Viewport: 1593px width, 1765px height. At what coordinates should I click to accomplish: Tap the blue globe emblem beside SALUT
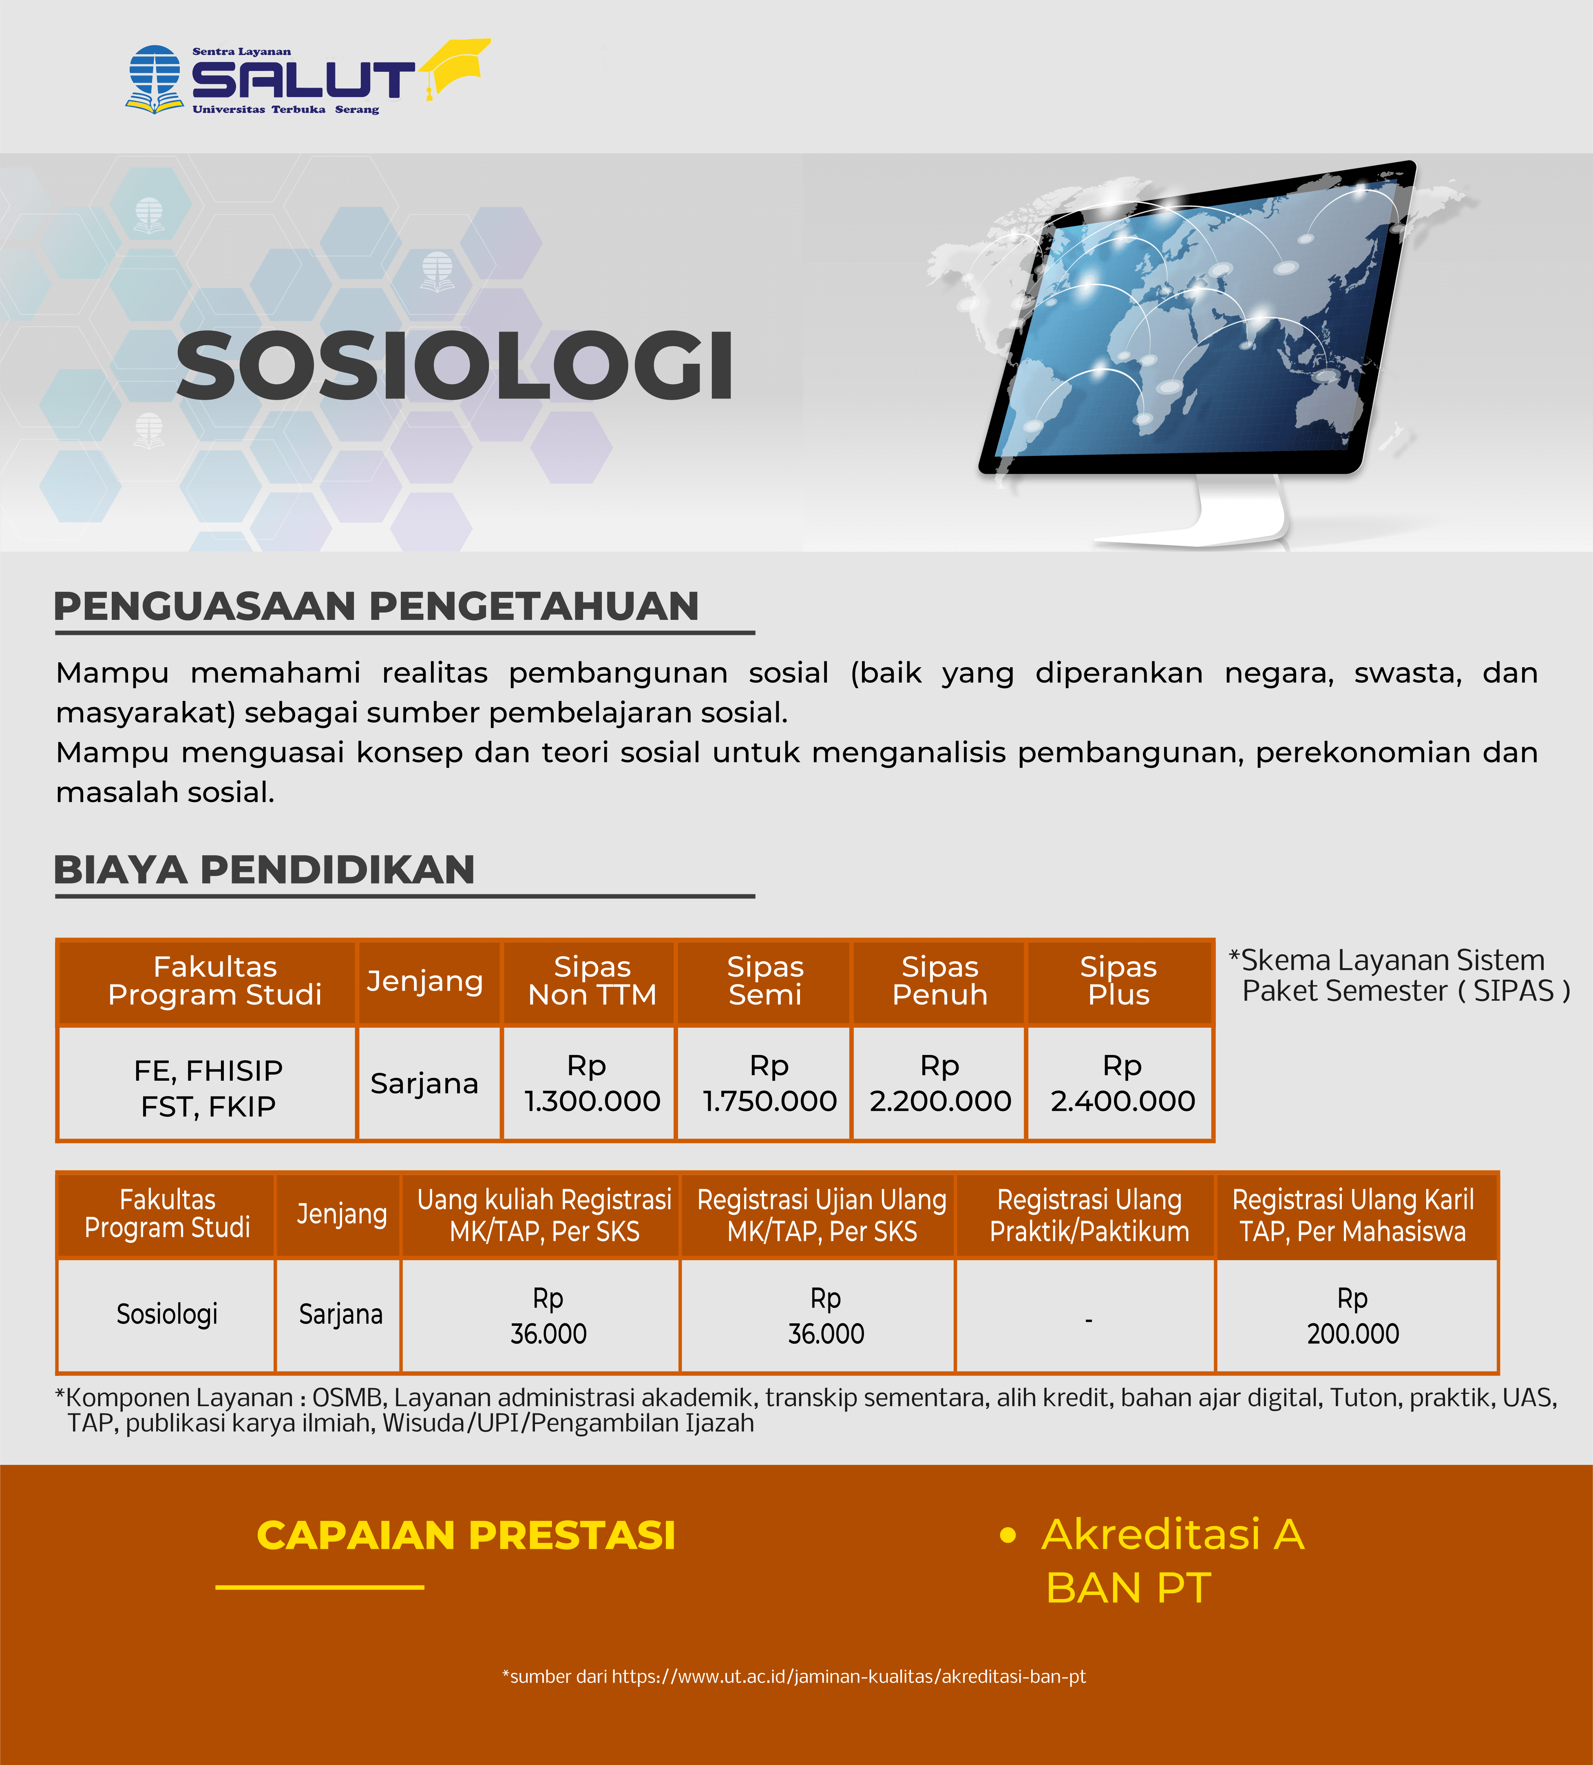point(154,79)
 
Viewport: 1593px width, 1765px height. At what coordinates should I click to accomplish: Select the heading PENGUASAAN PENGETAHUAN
point(376,606)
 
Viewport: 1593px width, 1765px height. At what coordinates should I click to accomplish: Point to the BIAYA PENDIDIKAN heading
point(264,869)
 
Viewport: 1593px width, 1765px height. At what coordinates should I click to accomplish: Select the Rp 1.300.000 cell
point(592,1083)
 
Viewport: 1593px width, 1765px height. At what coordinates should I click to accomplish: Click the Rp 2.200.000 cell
point(940,1083)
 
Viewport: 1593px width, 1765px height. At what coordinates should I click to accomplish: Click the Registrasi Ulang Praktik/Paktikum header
point(1089,1215)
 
